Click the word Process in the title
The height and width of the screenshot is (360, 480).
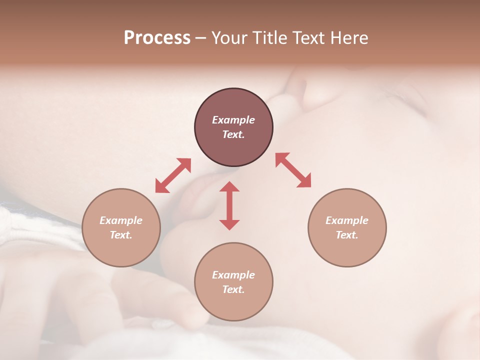pyautogui.click(x=157, y=38)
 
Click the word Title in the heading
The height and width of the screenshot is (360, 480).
pyautogui.click(x=270, y=38)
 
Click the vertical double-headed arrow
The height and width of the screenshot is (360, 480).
pyautogui.click(x=229, y=205)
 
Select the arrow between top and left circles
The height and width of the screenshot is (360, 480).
pyautogui.click(x=173, y=175)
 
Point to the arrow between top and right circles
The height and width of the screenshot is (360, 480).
pyautogui.click(x=293, y=170)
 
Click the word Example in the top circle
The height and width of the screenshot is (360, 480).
pyautogui.click(x=233, y=120)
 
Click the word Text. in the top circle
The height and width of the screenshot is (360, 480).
pyautogui.click(x=233, y=134)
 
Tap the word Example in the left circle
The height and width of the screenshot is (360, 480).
pyautogui.click(x=121, y=220)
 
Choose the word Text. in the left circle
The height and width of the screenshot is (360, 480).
pyautogui.click(x=121, y=235)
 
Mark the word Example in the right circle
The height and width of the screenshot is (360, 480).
pyautogui.click(x=347, y=220)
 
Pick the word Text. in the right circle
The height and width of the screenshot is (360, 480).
pyautogui.click(x=347, y=235)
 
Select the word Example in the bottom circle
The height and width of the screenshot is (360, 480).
pyautogui.click(x=233, y=275)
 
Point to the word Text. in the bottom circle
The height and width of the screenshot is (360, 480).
pyautogui.click(x=233, y=289)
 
